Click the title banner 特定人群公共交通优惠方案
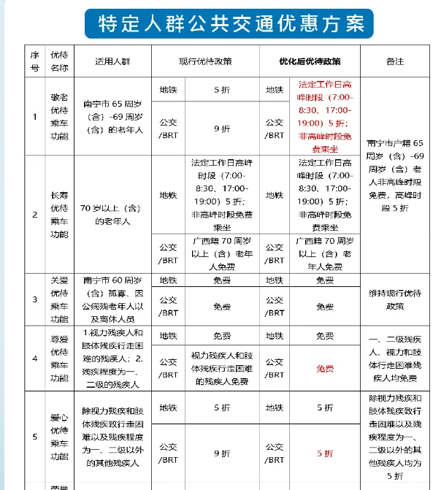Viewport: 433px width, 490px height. [x=224, y=24]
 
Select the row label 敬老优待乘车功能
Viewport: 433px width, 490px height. [x=59, y=115]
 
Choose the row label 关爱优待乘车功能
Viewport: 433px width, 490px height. [x=59, y=299]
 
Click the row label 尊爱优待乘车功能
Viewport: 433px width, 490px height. [x=59, y=358]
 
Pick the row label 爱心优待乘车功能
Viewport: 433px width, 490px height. [x=59, y=437]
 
